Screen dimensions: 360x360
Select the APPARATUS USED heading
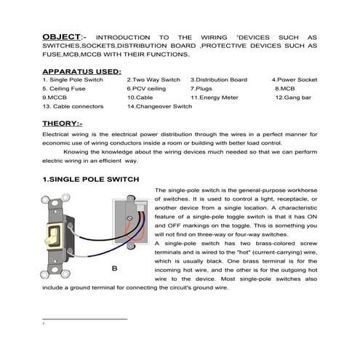[x=81, y=71]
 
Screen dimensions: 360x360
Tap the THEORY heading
[x=63, y=124]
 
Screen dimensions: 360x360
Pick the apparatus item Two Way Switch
[x=153, y=79]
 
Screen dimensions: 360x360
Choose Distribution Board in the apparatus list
[x=219, y=79]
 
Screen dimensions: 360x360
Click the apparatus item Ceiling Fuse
[x=65, y=88]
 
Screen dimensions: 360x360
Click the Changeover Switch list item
[x=159, y=106]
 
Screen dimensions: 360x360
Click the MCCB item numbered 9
[x=55, y=97]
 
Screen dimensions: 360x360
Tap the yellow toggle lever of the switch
[x=53, y=234]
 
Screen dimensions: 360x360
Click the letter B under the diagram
[x=113, y=269]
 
